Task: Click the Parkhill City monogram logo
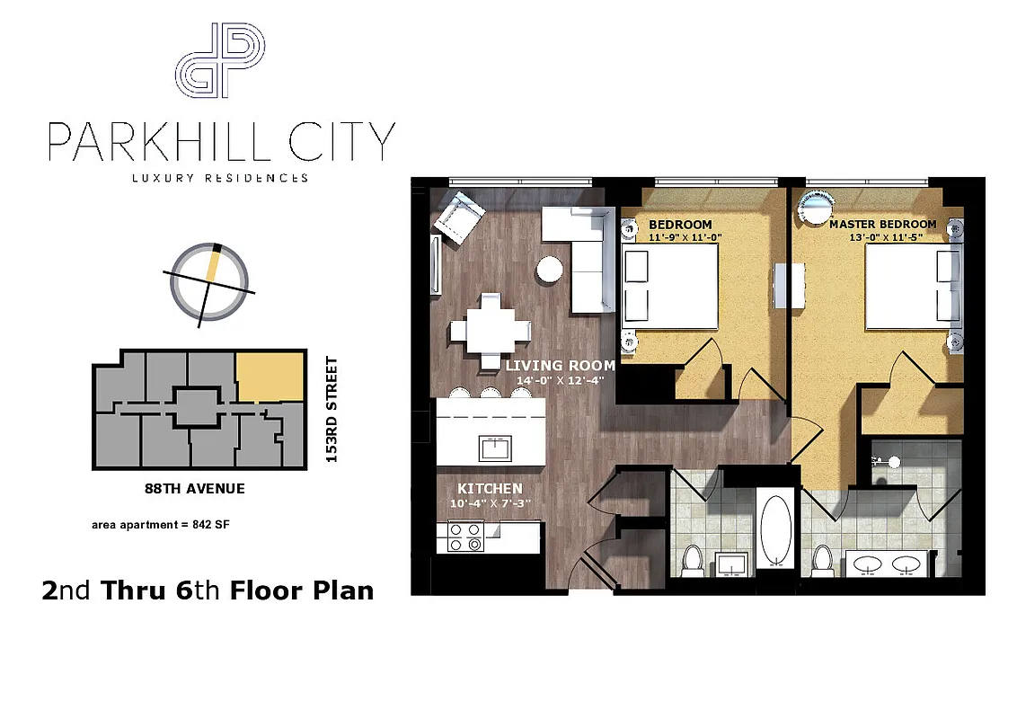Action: [x=220, y=61]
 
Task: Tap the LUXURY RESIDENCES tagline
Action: [x=220, y=178]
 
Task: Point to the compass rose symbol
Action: [x=209, y=280]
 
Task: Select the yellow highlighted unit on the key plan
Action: [x=270, y=377]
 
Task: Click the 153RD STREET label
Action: [x=332, y=410]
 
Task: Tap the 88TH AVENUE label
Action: [x=194, y=490]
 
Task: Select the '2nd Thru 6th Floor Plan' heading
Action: [x=208, y=590]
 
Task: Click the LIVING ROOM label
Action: [x=560, y=366]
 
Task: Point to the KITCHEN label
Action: [x=488, y=488]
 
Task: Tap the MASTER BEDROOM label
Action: [x=882, y=224]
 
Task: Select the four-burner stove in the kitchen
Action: [x=466, y=537]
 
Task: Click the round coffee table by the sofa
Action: [x=550, y=270]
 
